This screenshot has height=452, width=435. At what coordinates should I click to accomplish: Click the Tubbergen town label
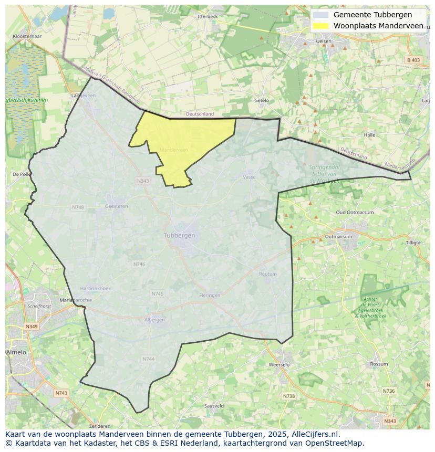coord(179,235)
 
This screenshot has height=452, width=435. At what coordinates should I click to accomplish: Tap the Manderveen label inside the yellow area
coord(174,150)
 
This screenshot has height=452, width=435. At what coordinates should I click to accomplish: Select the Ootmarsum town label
coord(338,237)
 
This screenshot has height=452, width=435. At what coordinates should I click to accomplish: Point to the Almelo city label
coord(16,352)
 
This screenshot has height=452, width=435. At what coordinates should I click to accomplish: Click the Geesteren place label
coord(116,206)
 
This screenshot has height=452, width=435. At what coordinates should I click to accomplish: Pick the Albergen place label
coord(154,320)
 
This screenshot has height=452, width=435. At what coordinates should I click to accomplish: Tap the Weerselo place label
coord(279,364)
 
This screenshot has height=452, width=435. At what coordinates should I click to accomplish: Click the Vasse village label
coord(249,177)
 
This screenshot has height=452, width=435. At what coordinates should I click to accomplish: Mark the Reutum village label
coord(268,274)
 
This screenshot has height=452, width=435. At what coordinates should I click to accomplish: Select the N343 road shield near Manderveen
coord(143,181)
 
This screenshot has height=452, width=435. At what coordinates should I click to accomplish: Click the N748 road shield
coord(78,207)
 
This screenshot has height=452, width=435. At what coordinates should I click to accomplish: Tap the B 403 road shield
coord(413,60)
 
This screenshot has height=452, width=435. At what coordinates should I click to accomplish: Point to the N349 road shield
coord(32,327)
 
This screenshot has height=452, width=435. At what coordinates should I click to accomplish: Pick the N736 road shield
coord(388,391)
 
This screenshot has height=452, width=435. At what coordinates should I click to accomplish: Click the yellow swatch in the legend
coord(320,26)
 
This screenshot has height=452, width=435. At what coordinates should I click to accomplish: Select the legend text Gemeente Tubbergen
coord(372,15)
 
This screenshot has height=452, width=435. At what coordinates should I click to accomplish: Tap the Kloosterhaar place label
coord(27,37)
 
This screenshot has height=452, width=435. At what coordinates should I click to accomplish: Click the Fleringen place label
coord(210,295)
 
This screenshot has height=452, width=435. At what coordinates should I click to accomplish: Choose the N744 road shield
coord(149,359)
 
